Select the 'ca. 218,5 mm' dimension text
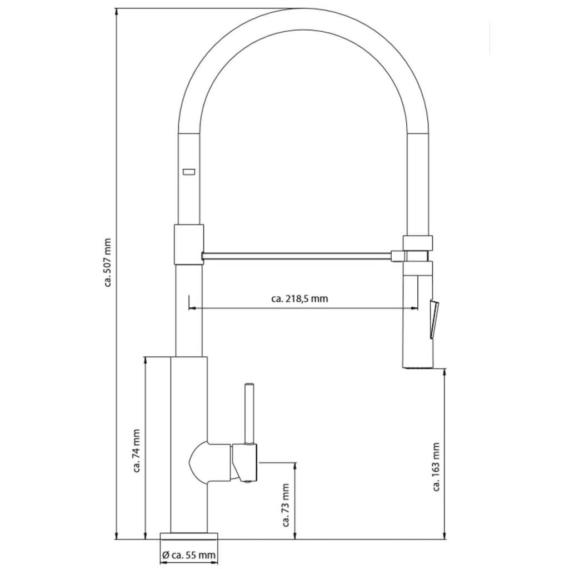[x=300, y=298]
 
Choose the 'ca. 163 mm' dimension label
[x=436, y=467]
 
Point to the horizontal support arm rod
[x=297, y=256]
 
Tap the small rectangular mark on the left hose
[x=189, y=172]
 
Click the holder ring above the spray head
[x=418, y=242]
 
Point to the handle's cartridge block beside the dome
[x=244, y=461]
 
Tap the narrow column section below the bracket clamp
[x=188, y=311]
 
